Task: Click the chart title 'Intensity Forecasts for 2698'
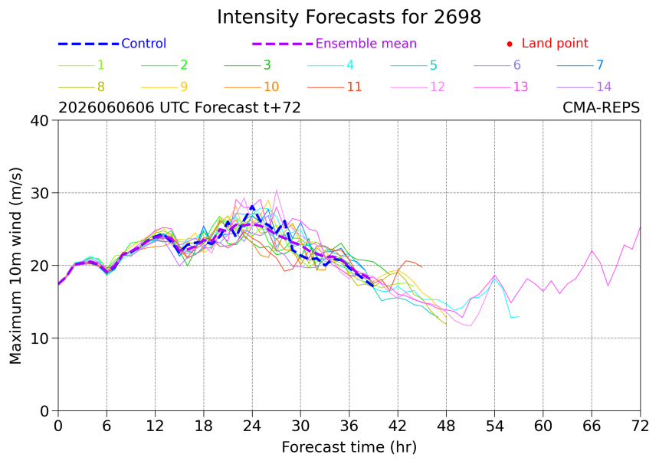[x=349, y=17]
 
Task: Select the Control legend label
[x=144, y=43]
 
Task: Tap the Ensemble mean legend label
[x=366, y=43]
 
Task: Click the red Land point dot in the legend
[x=510, y=44]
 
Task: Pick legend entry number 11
[x=354, y=87]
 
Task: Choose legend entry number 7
[x=600, y=64]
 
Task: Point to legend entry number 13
[x=520, y=87]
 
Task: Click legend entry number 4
[x=350, y=64]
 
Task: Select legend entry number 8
[x=101, y=87]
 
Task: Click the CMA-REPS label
[x=601, y=107]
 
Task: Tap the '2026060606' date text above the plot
[x=107, y=107]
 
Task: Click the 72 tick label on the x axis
[x=640, y=426]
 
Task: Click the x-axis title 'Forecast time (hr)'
[x=349, y=447]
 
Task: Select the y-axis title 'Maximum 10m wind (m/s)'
[x=15, y=266]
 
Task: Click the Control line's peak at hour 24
[x=252, y=206]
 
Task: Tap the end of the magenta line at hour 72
[x=640, y=227]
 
